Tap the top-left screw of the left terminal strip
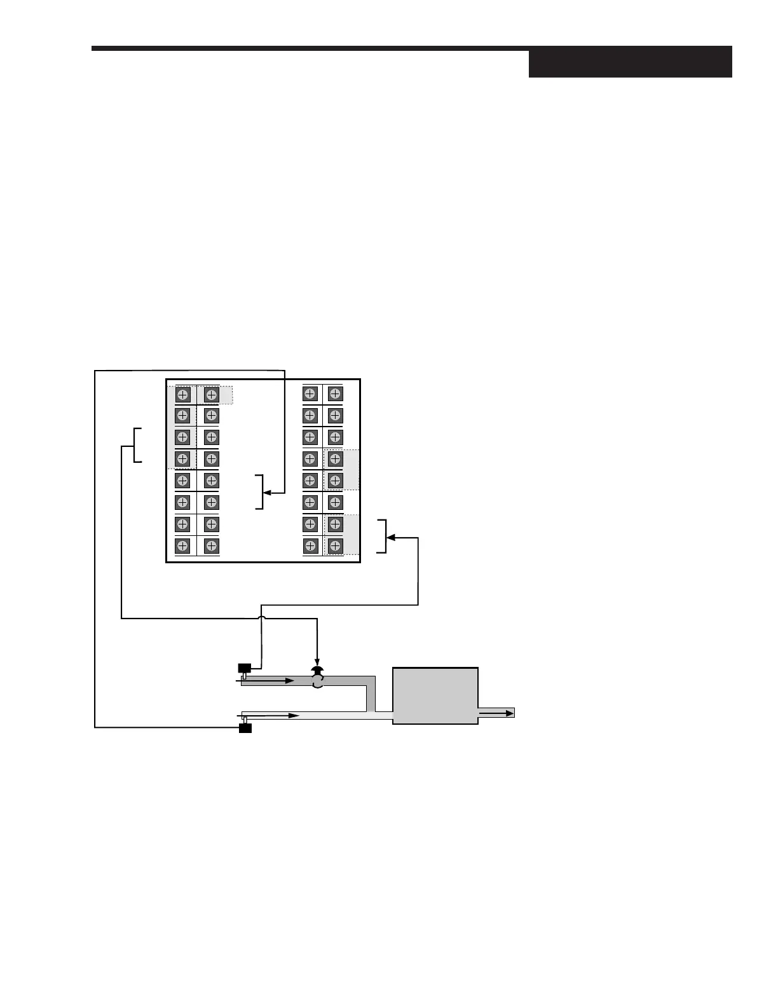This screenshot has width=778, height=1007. pos(182,395)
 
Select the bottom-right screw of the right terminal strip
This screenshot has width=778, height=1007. pos(335,546)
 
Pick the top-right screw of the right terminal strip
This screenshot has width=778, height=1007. pos(335,394)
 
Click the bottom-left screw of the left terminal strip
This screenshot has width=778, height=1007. pos(182,546)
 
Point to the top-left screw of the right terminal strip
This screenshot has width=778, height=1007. pos(310,394)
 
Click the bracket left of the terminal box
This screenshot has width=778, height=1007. pos(136,445)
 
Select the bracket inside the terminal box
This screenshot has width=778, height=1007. pos(259,492)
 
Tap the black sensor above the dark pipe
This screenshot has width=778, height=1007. pos(244,668)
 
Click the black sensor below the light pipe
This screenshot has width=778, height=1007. pos(245,728)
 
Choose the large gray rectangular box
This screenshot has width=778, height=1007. pos(435,695)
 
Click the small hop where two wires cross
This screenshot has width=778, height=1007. pos(261,617)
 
